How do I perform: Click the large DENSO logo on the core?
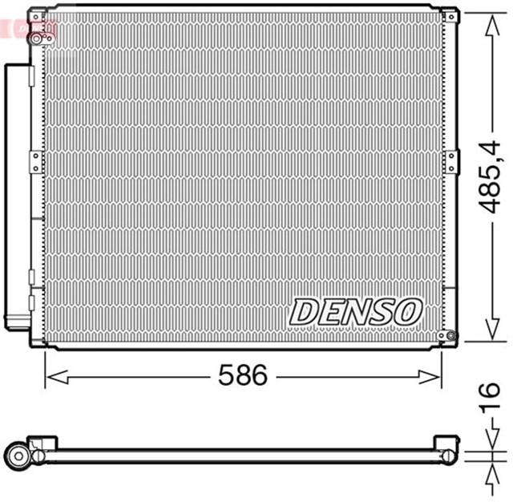point(356,311)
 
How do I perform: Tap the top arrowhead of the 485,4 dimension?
point(488,19)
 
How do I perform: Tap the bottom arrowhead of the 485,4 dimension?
point(488,334)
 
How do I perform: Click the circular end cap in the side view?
point(17,455)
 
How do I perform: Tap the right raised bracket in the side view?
point(445,443)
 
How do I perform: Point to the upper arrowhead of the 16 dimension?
point(488,447)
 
